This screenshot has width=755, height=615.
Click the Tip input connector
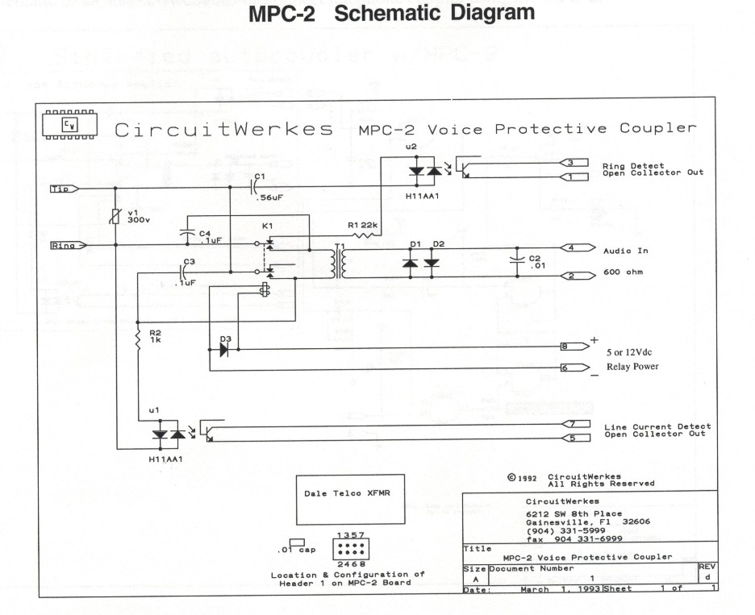tap(64, 189)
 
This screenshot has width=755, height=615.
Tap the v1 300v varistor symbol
tap(118, 216)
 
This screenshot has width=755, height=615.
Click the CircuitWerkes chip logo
tap(67, 125)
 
